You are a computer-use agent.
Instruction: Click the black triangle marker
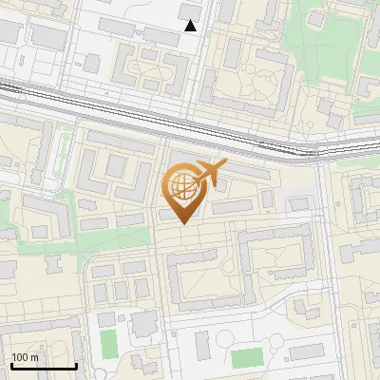(191, 26)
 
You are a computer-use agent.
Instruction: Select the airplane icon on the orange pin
(210, 173)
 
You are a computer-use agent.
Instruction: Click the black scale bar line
(44, 366)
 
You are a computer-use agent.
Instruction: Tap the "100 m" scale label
(26, 358)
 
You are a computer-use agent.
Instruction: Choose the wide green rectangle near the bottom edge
(247, 358)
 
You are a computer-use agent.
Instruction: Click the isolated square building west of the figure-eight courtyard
(92, 64)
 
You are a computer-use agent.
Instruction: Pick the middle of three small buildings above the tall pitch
(121, 290)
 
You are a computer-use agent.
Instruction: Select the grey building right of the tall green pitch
(144, 326)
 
